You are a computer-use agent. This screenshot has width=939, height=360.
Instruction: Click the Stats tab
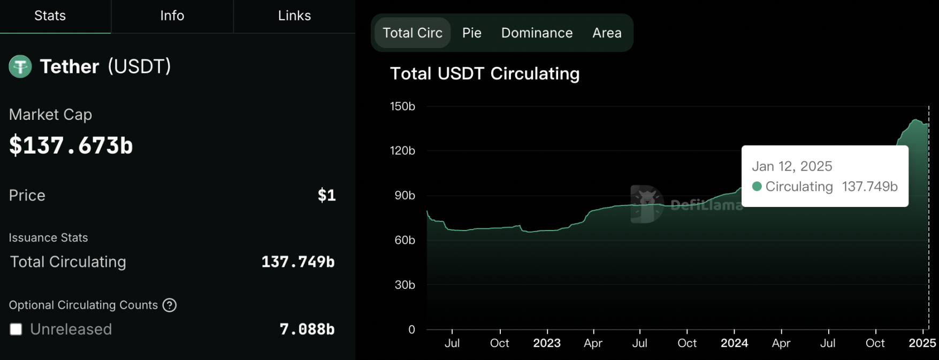[50, 16]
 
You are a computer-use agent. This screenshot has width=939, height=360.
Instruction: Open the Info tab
[172, 16]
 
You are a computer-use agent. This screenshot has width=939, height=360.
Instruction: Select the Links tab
[294, 16]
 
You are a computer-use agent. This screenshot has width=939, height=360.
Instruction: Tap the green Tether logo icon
[20, 67]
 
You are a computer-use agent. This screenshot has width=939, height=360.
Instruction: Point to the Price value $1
[326, 196]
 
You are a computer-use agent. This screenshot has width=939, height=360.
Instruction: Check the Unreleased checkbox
[16, 330]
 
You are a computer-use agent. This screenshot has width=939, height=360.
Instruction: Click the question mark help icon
[170, 305]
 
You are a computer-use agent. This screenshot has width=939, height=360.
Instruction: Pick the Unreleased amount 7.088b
[307, 330]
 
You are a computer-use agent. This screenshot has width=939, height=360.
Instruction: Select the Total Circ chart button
[413, 33]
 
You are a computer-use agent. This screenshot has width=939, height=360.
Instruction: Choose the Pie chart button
[472, 33]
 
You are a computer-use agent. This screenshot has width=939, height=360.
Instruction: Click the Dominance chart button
[537, 33]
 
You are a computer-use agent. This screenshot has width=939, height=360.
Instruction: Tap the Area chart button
[607, 33]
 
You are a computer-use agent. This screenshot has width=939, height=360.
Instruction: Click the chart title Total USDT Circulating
[485, 74]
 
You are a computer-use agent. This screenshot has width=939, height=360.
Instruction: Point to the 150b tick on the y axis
[402, 106]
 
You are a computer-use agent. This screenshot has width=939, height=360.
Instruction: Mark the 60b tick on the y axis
[404, 240]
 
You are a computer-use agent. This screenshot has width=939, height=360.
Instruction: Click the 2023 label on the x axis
[547, 343]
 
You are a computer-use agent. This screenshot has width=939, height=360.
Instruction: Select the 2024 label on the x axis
[734, 343]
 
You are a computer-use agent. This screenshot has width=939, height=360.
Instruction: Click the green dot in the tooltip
[757, 187]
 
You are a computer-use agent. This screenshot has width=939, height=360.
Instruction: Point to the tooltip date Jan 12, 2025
[792, 166]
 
